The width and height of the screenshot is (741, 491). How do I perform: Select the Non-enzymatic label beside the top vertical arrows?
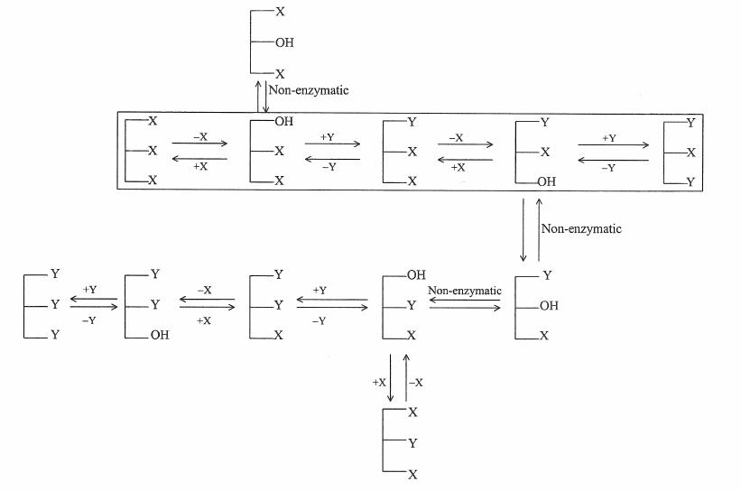309,90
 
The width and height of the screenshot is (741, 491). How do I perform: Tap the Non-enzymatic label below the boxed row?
581,229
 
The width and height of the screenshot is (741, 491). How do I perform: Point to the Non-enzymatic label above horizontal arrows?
464,291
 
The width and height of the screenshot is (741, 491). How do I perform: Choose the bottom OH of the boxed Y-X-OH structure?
547,181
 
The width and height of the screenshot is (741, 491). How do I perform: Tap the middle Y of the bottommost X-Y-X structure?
413,443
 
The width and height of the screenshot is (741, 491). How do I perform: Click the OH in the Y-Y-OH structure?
159,335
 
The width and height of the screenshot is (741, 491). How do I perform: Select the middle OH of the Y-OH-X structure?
549,306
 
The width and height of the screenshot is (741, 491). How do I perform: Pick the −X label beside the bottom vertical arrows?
416,383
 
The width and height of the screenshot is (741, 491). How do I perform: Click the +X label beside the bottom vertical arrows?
379,383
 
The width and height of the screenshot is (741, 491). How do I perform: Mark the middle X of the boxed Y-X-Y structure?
690,152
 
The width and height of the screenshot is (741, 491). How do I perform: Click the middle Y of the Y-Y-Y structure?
55,304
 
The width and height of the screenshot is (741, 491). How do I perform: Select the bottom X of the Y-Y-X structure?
278,335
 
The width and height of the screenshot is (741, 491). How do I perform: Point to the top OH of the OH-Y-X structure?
416,274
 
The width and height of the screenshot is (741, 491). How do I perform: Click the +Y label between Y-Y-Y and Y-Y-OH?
89,290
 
